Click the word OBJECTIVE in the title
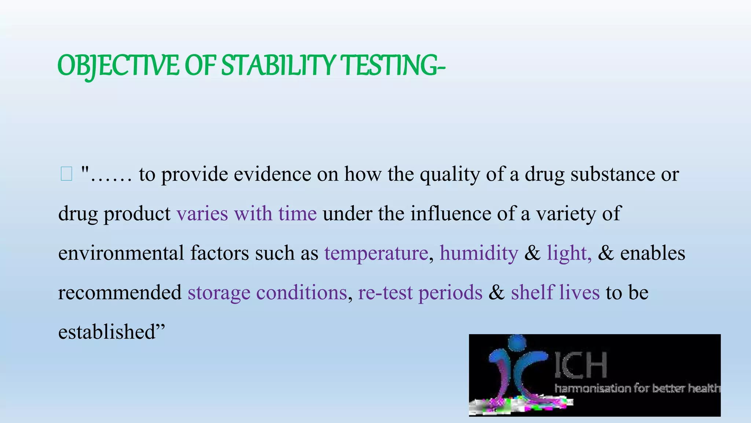pos(118,65)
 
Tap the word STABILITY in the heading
pos(278,65)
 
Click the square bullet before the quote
pos(66,174)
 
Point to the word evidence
pos(272,174)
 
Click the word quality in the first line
pos(450,174)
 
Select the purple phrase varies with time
pos(246,214)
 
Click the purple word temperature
pos(376,253)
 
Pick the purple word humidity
pos(479,253)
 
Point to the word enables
pos(652,253)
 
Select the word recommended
pos(120,292)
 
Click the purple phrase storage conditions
pos(267,292)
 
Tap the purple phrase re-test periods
pos(420,292)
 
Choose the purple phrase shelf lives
pos(555,292)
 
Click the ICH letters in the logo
pos(580,365)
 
